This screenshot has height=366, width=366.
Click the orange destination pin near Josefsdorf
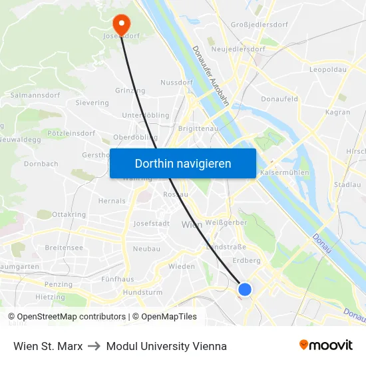pos(122,24)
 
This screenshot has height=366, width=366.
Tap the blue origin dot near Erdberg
pos(245,289)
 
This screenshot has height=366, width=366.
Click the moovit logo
pos(326,345)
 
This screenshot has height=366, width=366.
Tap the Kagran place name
pos(338,112)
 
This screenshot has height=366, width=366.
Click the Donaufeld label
pos(279,98)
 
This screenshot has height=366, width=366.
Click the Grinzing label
pos(130,91)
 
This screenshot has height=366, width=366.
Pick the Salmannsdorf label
pos(35,95)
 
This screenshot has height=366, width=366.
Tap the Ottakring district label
pos(69,215)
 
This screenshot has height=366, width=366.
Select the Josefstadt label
pos(152,224)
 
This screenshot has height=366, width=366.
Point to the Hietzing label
pos(50,297)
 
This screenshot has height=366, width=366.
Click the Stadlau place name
pos(347,184)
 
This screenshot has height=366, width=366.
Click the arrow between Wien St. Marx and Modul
pos(94,346)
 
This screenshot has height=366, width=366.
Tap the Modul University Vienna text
pos(166,346)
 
